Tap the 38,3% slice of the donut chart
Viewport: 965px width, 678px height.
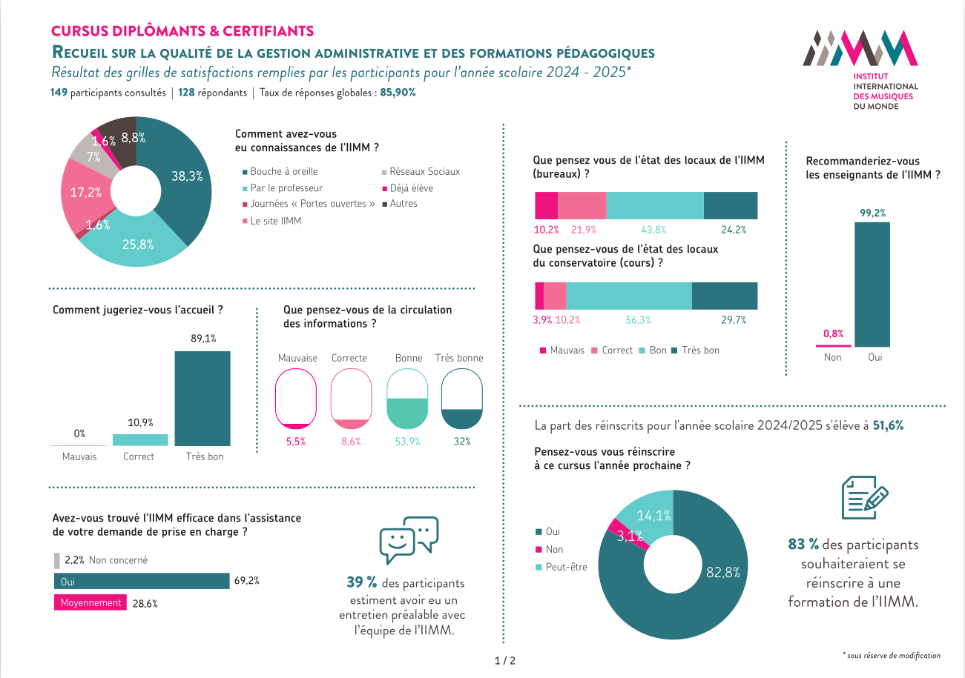click(182, 178)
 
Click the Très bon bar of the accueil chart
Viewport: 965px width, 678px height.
click(202, 398)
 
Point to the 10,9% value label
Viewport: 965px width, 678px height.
click(140, 422)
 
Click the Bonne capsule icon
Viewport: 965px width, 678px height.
click(408, 399)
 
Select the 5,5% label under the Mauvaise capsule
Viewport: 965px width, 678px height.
click(296, 442)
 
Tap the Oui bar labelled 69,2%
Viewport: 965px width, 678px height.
click(141, 581)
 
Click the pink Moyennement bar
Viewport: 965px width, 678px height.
click(90, 603)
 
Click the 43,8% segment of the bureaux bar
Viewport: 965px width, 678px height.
click(654, 205)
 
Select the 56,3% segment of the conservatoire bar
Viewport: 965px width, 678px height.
click(628, 295)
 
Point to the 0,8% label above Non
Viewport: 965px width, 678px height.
click(833, 333)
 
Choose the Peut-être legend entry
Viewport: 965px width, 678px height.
click(565, 567)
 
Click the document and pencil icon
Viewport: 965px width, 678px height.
click(865, 497)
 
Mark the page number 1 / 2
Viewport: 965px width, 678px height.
click(504, 660)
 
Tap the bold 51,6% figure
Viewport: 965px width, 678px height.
click(888, 426)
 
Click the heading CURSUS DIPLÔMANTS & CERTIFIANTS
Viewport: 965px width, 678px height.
click(182, 31)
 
